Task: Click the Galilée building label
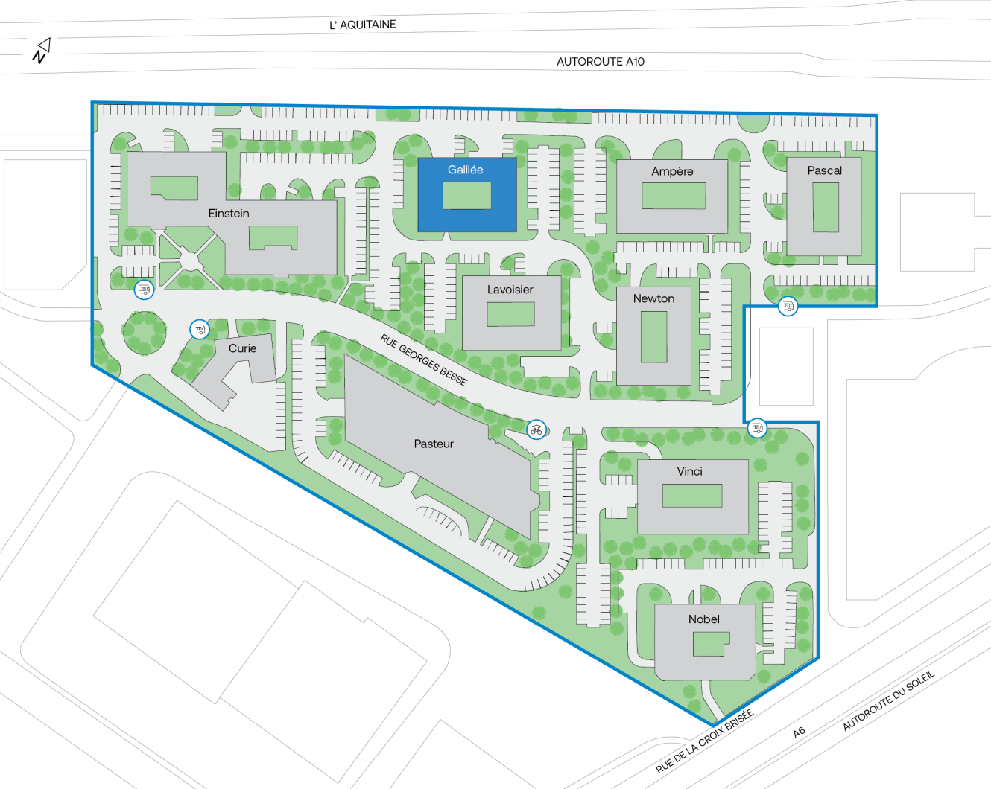tap(465, 170)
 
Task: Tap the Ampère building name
tap(672, 171)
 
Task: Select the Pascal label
tap(824, 170)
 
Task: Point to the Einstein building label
tap(229, 214)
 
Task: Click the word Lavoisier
tap(510, 290)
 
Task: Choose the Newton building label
tap(653, 298)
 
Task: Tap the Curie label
tap(242, 348)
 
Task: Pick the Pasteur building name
tap(434, 444)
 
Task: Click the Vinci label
tap(689, 471)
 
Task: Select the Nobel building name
tap(703, 619)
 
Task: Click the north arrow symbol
tap(42, 51)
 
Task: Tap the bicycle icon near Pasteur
tap(536, 430)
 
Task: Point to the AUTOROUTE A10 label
tap(600, 62)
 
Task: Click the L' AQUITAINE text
tap(363, 25)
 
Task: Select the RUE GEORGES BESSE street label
tap(423, 360)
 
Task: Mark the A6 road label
tap(799, 732)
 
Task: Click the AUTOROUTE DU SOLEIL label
tap(887, 700)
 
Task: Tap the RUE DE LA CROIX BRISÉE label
tap(704, 741)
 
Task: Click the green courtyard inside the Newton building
tap(653, 336)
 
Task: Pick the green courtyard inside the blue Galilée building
tap(466, 196)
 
